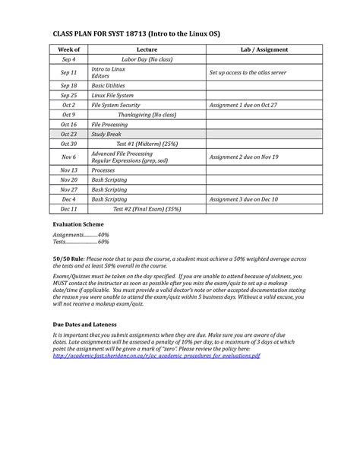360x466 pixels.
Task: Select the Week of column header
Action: (x=69, y=49)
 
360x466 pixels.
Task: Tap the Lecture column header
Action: (x=147, y=49)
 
